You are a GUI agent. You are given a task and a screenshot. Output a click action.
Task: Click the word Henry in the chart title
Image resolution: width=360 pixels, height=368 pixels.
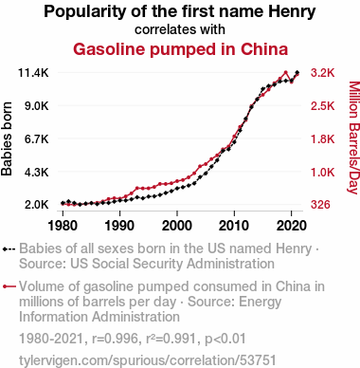coord(292,11)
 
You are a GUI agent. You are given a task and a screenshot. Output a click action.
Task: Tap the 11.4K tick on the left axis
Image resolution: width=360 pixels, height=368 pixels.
coord(33,73)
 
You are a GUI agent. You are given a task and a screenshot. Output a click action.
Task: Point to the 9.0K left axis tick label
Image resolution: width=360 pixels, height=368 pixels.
coord(37,106)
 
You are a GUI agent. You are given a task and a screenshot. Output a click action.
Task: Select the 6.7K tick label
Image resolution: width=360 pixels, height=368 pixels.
coord(37,139)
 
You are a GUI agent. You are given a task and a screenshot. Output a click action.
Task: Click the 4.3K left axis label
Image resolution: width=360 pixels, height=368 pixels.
coord(37,173)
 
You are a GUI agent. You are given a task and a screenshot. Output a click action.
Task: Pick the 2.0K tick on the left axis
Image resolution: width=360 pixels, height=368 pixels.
coord(37,205)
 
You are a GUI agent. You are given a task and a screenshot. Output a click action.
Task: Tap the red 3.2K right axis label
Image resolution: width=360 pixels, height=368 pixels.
coord(322,73)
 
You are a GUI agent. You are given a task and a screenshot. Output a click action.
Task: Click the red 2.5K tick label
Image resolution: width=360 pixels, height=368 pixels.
coord(322,106)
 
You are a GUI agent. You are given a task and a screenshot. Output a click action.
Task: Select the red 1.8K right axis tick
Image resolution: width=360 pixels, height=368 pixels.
coord(322,139)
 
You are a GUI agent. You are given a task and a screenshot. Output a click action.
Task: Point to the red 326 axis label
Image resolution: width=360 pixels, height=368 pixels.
coord(320,205)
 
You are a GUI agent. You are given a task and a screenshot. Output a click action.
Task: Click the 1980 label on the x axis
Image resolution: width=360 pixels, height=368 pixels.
coord(63,226)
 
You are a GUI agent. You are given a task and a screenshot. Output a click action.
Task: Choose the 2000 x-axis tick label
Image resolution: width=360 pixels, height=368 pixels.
coord(177,226)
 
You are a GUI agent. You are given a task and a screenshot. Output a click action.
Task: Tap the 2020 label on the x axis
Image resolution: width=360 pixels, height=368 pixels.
coord(291,226)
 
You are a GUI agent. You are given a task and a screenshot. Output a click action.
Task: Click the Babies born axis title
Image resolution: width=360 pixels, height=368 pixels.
coord(7,138)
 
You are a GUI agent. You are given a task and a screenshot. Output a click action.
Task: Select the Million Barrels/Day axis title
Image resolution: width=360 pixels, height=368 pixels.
coord(354,138)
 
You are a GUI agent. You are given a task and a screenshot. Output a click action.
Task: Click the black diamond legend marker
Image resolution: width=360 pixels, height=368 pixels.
coord(9,249)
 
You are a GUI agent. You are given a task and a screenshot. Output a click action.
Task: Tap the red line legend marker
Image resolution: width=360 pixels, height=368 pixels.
coord(9,286)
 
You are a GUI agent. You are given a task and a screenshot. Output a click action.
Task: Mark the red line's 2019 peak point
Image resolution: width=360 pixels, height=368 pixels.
coord(285,72)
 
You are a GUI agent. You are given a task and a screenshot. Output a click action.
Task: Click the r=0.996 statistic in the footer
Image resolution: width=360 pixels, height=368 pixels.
coord(115,339)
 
